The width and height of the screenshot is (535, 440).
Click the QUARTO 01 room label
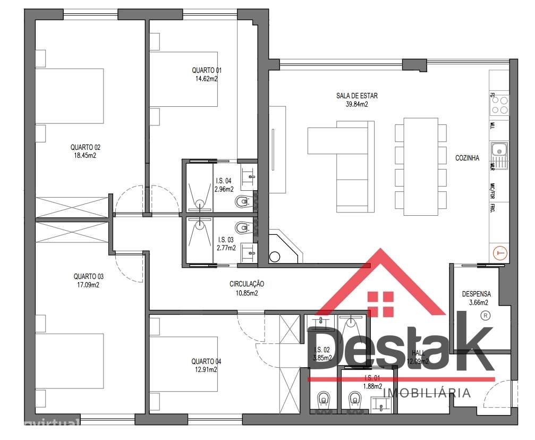coord(207,70)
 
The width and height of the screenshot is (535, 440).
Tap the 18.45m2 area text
coord(86,156)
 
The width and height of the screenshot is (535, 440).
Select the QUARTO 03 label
coord(89,276)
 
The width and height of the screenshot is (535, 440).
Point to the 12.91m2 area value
coord(207,370)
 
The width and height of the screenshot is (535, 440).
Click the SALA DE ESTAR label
coord(356,96)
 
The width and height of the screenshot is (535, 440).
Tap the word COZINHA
coord(467,158)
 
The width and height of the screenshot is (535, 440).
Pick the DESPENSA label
coord(476,293)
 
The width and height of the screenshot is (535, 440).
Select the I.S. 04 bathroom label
coord(224,181)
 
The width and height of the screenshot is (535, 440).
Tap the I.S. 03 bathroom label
coord(224,240)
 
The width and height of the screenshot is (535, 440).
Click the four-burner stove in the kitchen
coord(499,105)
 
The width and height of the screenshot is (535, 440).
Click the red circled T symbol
coord(500,254)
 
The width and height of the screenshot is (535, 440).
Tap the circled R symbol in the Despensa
coord(485,316)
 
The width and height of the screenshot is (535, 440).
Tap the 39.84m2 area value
coord(356,105)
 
